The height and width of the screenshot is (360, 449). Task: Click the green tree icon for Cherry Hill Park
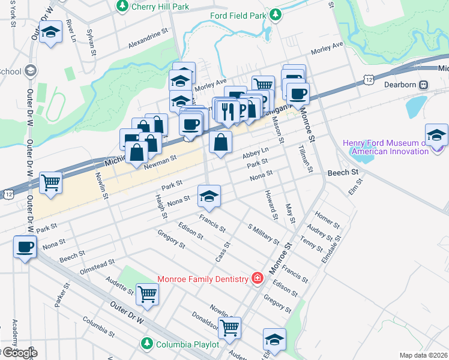pos(122,5)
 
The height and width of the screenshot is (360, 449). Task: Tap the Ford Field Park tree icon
pos(276,14)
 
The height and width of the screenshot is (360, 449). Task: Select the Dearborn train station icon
pos(423,85)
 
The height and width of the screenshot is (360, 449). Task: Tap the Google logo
pos(19,353)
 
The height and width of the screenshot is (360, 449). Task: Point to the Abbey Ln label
pos(256,153)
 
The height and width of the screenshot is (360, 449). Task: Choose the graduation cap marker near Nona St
pos(209,196)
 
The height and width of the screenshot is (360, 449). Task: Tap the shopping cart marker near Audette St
pos(148,294)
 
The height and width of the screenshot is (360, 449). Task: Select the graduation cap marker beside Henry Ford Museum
pos(436,134)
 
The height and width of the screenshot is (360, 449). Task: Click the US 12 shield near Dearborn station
pos(369,80)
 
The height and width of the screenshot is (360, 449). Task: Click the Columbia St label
pos(99,326)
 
